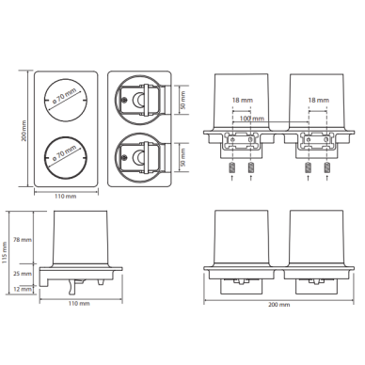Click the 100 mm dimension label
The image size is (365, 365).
pyautogui.click(x=252, y=119)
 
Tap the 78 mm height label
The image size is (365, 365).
pyautogui.click(x=23, y=240)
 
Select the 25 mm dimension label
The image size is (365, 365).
pyautogui.click(x=23, y=274)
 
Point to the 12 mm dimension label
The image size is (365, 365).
pyautogui.click(x=23, y=289)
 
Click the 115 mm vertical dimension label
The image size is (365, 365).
pyautogui.click(x=5, y=253)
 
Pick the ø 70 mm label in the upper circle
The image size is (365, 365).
pyautogui.click(x=64, y=95)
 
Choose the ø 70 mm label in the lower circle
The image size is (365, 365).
pyautogui.click(x=64, y=153)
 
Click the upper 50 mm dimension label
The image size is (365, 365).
pyautogui.click(x=183, y=100)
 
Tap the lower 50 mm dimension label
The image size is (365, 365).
pyautogui.click(x=183, y=157)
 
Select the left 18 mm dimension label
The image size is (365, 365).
pyautogui.click(x=243, y=101)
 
